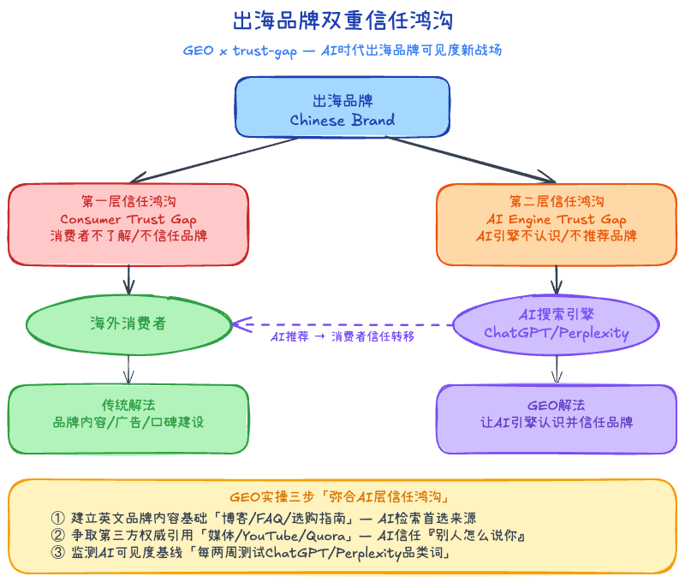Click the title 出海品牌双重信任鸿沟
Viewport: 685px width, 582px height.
[342, 20]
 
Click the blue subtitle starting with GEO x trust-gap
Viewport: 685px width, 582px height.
[342, 50]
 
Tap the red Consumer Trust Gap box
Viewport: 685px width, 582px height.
[128, 223]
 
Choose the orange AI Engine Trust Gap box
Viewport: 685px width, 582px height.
[557, 223]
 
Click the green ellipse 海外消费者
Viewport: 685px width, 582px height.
[128, 324]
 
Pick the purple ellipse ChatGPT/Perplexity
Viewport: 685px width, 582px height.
[557, 324]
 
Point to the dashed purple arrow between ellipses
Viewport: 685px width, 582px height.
[342, 324]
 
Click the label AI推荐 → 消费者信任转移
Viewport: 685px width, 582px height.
[342, 337]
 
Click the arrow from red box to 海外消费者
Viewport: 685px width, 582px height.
[128, 279]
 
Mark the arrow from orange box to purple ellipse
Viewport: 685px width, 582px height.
[557, 279]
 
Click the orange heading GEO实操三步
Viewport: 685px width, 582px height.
[342, 497]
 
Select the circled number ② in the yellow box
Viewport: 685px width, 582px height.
[58, 536]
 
